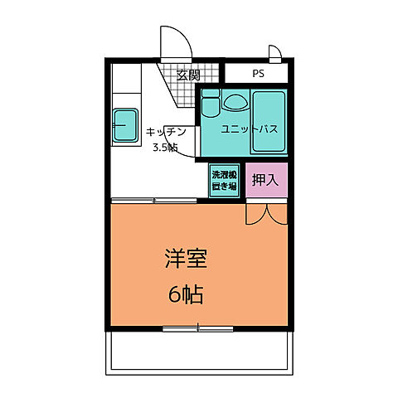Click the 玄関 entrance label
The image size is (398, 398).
click(x=188, y=75)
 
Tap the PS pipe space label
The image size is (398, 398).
click(x=258, y=74)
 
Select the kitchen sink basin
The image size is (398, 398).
click(x=125, y=125)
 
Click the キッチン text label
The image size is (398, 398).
click(x=166, y=132)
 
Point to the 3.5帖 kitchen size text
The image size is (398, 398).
click(x=165, y=148)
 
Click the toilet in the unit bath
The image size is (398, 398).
click(x=211, y=103)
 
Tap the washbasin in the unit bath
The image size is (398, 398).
click(x=235, y=102)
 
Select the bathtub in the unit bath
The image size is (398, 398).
click(x=269, y=122)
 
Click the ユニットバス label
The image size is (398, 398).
click(x=250, y=129)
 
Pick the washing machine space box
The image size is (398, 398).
click(x=224, y=181)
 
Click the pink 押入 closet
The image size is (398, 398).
click(x=266, y=180)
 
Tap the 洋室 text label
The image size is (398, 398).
click(x=186, y=259)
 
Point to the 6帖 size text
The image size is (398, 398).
click(x=186, y=294)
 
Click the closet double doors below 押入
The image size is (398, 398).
click(x=267, y=214)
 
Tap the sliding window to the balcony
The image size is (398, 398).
click(x=198, y=329)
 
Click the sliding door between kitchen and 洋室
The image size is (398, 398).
click(x=154, y=201)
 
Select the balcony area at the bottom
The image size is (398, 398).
click(x=199, y=353)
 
